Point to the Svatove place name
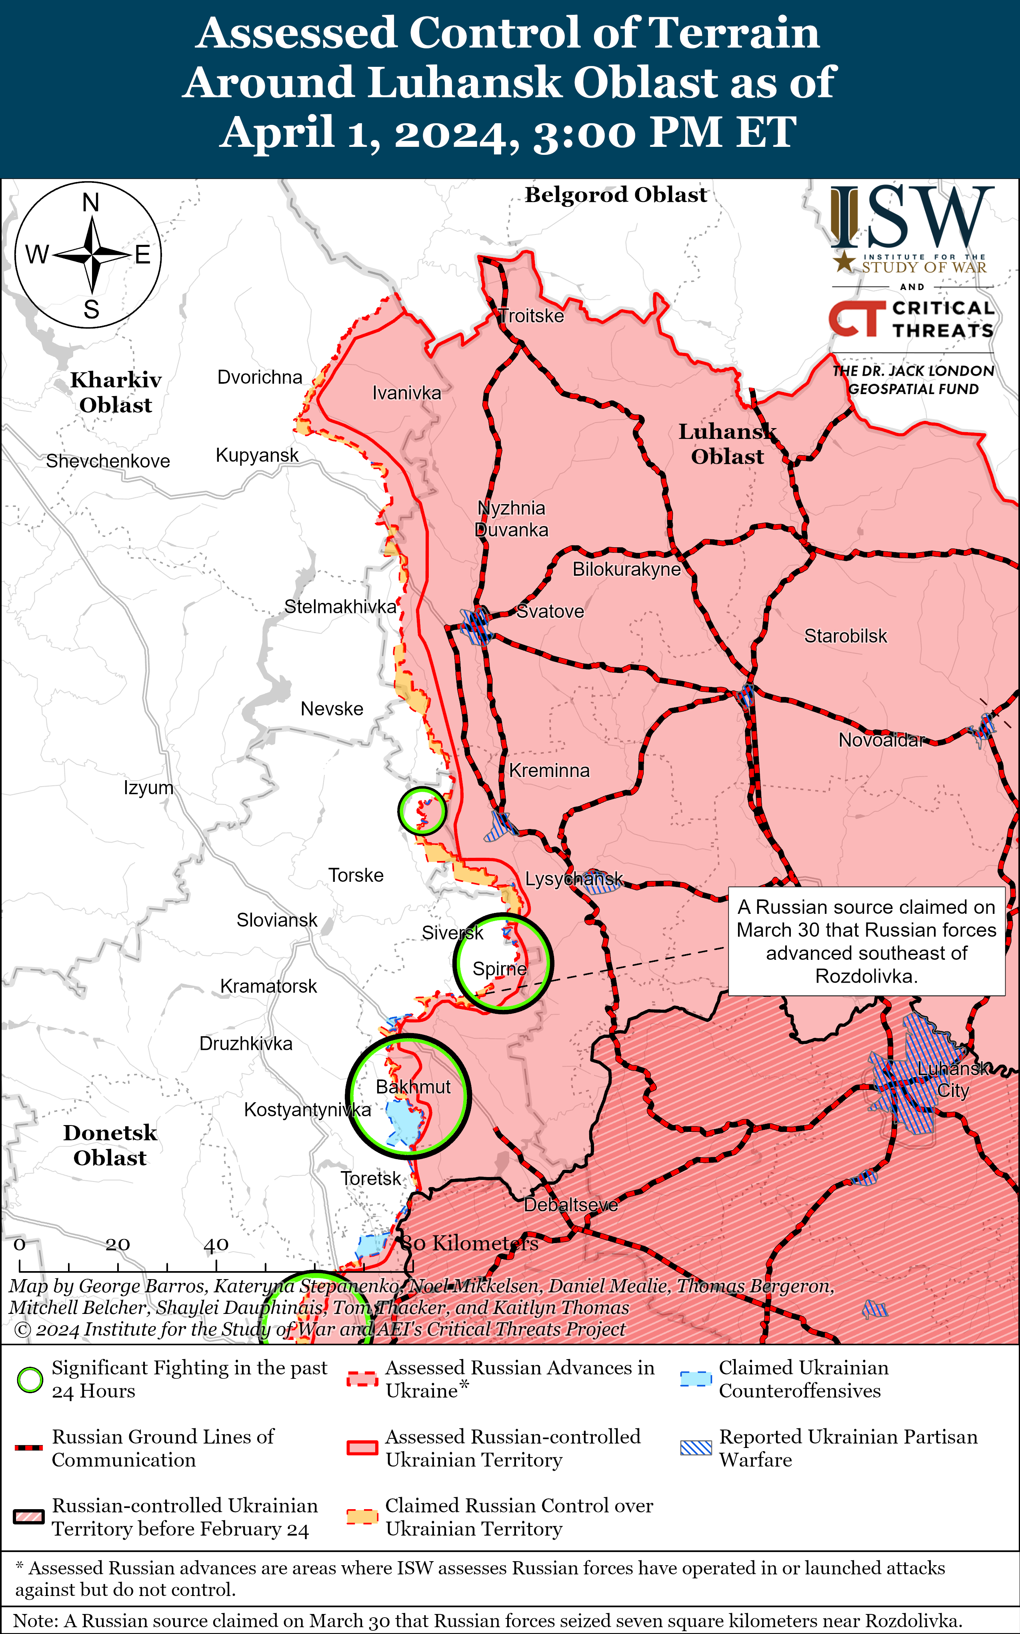pos(550,611)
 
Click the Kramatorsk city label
pos(268,986)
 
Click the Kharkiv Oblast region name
pos(115,392)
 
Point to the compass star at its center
pos(91,255)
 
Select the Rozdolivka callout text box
pos(866,941)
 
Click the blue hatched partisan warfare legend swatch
pos(695,1448)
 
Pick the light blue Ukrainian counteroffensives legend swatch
pos(695,1379)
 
